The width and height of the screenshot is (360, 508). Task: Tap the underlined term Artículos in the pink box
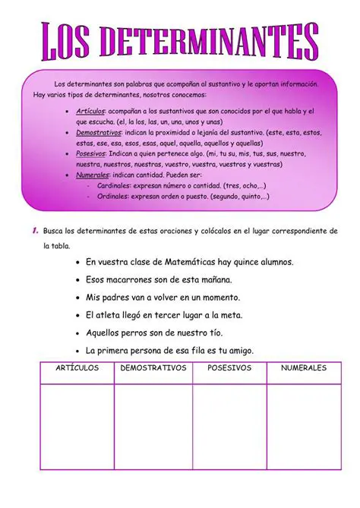pyautogui.click(x=90, y=111)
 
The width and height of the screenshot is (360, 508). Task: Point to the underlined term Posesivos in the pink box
pyautogui.click(x=91, y=153)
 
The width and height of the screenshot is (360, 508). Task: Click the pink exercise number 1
pyautogui.click(x=35, y=230)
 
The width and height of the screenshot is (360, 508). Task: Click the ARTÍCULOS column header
pyautogui.click(x=77, y=368)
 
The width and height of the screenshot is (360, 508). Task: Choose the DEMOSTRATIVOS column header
pyautogui.click(x=153, y=368)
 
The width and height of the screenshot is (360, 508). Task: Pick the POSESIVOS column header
pyautogui.click(x=229, y=368)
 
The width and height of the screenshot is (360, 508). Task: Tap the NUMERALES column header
pyautogui.click(x=303, y=368)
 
